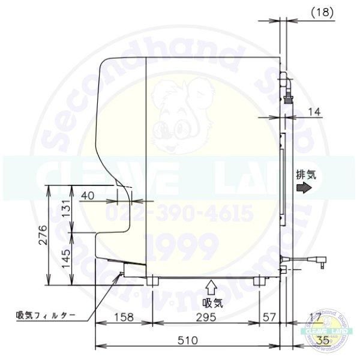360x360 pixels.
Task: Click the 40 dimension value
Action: pos(88,196)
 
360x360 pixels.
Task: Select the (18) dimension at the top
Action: pos(323,10)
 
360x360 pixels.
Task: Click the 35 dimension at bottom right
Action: pos(324,341)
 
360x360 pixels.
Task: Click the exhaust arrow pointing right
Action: pos(305,188)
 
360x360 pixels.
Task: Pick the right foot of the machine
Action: pos(259,280)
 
